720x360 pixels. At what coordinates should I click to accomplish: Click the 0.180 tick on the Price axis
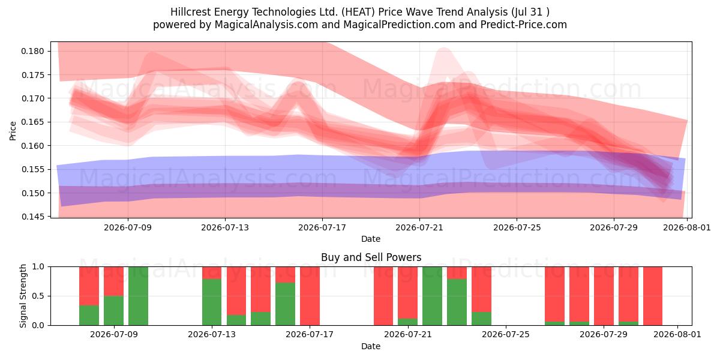(x=32, y=51)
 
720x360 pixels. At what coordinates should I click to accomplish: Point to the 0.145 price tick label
(x=32, y=217)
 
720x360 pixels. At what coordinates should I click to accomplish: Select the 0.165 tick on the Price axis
(x=32, y=122)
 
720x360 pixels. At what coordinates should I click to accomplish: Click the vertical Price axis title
(x=13, y=131)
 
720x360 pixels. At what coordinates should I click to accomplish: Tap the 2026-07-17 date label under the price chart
(x=322, y=227)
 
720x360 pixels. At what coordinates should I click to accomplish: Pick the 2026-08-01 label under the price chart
(x=687, y=227)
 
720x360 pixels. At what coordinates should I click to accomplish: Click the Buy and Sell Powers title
(x=371, y=257)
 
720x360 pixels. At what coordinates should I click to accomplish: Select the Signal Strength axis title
(x=23, y=296)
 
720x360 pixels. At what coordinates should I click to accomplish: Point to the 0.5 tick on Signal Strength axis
(x=38, y=296)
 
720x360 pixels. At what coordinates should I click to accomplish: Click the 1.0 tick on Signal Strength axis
(x=38, y=266)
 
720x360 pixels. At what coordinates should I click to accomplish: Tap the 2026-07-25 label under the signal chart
(x=506, y=334)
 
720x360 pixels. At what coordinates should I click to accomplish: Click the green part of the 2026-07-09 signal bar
(x=113, y=311)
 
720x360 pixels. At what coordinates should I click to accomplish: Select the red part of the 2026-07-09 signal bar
(x=113, y=281)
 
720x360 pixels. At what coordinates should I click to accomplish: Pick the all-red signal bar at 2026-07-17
(x=310, y=296)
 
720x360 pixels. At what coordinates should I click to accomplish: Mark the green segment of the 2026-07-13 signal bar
(x=212, y=302)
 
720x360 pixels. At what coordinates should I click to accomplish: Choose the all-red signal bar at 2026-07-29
(x=604, y=296)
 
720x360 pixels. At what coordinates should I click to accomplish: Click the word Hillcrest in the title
(x=191, y=12)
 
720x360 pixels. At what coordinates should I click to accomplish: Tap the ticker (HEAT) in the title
(x=358, y=12)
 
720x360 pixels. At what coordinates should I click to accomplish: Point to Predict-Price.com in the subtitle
(x=524, y=25)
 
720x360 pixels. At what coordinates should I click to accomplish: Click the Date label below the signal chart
(x=371, y=346)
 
